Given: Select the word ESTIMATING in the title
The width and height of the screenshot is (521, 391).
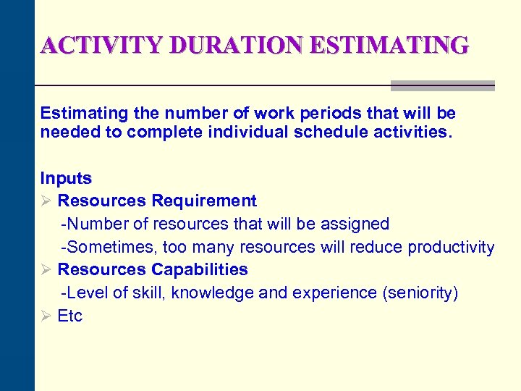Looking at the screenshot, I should coord(389,46).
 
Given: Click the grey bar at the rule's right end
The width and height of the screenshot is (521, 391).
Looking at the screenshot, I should coord(442,85).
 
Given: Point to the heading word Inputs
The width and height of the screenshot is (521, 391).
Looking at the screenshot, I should coord(66,178).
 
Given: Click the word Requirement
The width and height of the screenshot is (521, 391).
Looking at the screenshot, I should coord(204,201).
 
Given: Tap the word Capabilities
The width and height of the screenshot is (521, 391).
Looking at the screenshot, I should coord(200,269).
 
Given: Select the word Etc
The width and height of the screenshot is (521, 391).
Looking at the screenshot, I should coord(70,316).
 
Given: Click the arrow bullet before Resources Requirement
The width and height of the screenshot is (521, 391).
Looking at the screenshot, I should coord(46,201).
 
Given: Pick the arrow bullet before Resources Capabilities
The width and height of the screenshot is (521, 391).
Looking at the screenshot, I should coord(46,269).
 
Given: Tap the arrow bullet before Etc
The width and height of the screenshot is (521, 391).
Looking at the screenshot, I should coord(46,316).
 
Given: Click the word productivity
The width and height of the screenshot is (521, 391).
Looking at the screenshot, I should coord(451,247).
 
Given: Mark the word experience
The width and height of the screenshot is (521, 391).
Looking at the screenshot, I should coord(333,293).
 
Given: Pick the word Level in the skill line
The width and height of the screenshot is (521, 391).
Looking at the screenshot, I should coord(84,293).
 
